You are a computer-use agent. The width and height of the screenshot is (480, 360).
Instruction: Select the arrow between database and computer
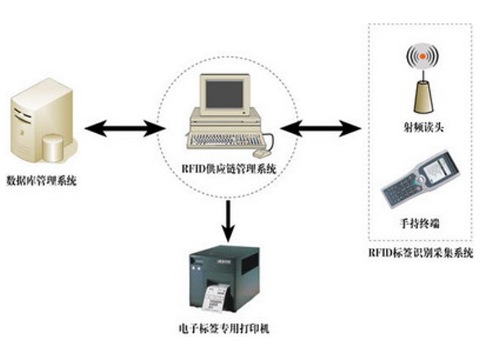point(125,127)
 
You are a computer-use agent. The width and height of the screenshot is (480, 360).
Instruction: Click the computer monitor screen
point(224,94)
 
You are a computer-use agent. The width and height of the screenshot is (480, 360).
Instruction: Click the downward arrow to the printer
point(228,220)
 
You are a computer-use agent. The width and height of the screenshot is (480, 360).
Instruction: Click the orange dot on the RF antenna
point(424,58)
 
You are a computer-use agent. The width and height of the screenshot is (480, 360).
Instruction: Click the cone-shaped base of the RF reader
point(424,96)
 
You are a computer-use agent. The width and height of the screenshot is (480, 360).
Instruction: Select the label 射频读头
point(424,128)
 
